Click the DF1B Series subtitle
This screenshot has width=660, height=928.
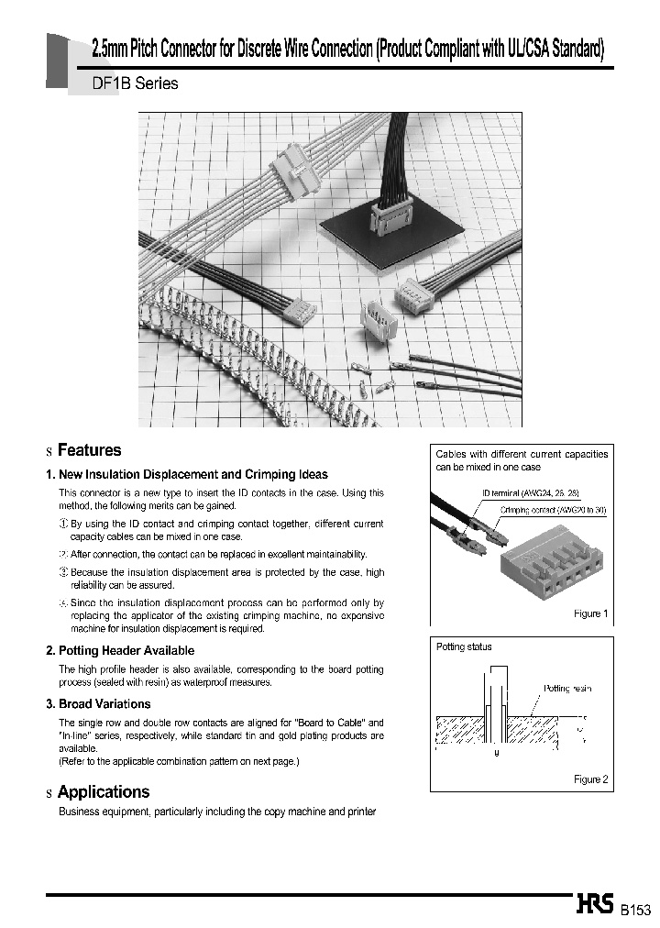(x=136, y=83)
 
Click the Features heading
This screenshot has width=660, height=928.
(x=89, y=450)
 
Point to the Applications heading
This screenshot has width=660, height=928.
(x=103, y=792)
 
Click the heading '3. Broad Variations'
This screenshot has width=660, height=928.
(x=98, y=704)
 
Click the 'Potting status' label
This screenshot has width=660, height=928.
(x=464, y=646)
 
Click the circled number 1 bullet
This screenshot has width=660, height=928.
(x=63, y=524)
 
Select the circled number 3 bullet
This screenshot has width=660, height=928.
(x=63, y=572)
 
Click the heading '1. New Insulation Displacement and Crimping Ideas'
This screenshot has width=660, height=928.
(x=186, y=474)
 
